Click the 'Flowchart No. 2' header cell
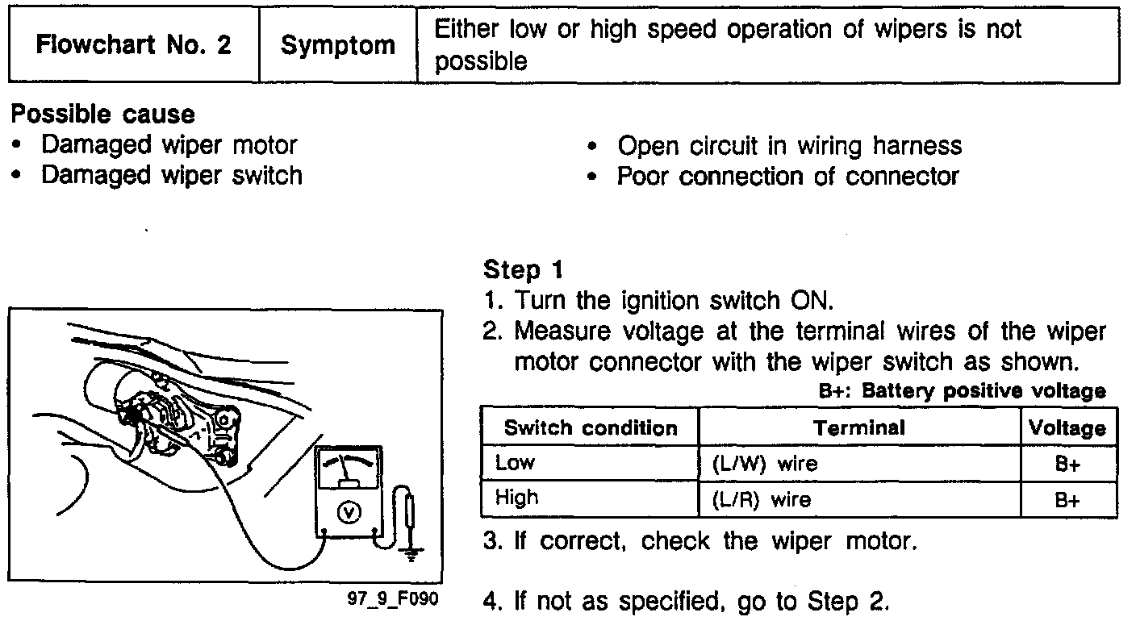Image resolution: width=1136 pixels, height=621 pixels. click(134, 44)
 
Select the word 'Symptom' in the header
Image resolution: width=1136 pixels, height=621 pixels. click(338, 45)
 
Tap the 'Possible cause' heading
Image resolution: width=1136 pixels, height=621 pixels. click(102, 115)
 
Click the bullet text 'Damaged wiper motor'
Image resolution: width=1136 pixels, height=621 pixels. click(169, 145)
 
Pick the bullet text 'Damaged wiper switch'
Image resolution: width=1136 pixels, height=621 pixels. click(172, 175)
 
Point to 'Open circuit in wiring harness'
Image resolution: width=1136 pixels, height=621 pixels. click(789, 146)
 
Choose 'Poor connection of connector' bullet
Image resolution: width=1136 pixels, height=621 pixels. click(787, 176)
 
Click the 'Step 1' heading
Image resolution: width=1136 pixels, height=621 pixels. click(522, 269)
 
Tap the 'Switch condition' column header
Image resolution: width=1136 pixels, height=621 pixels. click(590, 427)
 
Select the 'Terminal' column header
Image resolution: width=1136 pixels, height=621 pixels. click(859, 427)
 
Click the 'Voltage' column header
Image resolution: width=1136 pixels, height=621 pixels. click(1067, 427)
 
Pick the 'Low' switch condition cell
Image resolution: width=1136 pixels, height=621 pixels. click(516, 463)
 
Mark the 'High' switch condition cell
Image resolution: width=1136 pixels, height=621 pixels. click(517, 498)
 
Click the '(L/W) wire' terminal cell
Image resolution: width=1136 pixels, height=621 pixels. click(765, 464)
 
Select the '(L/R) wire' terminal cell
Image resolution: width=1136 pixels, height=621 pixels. click(763, 500)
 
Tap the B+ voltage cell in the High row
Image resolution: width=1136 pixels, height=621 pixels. click(1067, 500)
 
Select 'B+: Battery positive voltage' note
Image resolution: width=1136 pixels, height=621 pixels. click(962, 392)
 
